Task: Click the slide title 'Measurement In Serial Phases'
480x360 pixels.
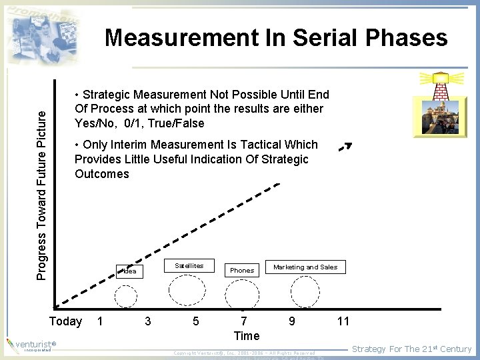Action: coord(276,38)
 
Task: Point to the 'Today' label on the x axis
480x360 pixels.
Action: coord(66,321)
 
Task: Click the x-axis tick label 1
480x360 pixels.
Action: coord(100,321)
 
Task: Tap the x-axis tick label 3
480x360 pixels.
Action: coord(148,321)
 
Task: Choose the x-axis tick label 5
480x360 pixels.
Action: coord(195,321)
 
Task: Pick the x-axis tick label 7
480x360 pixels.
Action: coord(244,321)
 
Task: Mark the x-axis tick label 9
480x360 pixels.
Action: coord(292,321)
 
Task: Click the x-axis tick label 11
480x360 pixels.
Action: coord(343,321)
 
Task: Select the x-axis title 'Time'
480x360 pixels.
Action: coord(247,335)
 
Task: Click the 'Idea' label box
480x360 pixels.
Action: coord(131,271)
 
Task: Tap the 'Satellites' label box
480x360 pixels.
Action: coord(189,265)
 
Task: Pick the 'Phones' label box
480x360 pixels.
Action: coord(242,270)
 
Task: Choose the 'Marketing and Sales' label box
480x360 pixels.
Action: coord(305,267)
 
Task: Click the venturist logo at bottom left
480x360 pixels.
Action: coord(30,346)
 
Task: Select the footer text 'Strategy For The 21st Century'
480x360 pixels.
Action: coord(411,349)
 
